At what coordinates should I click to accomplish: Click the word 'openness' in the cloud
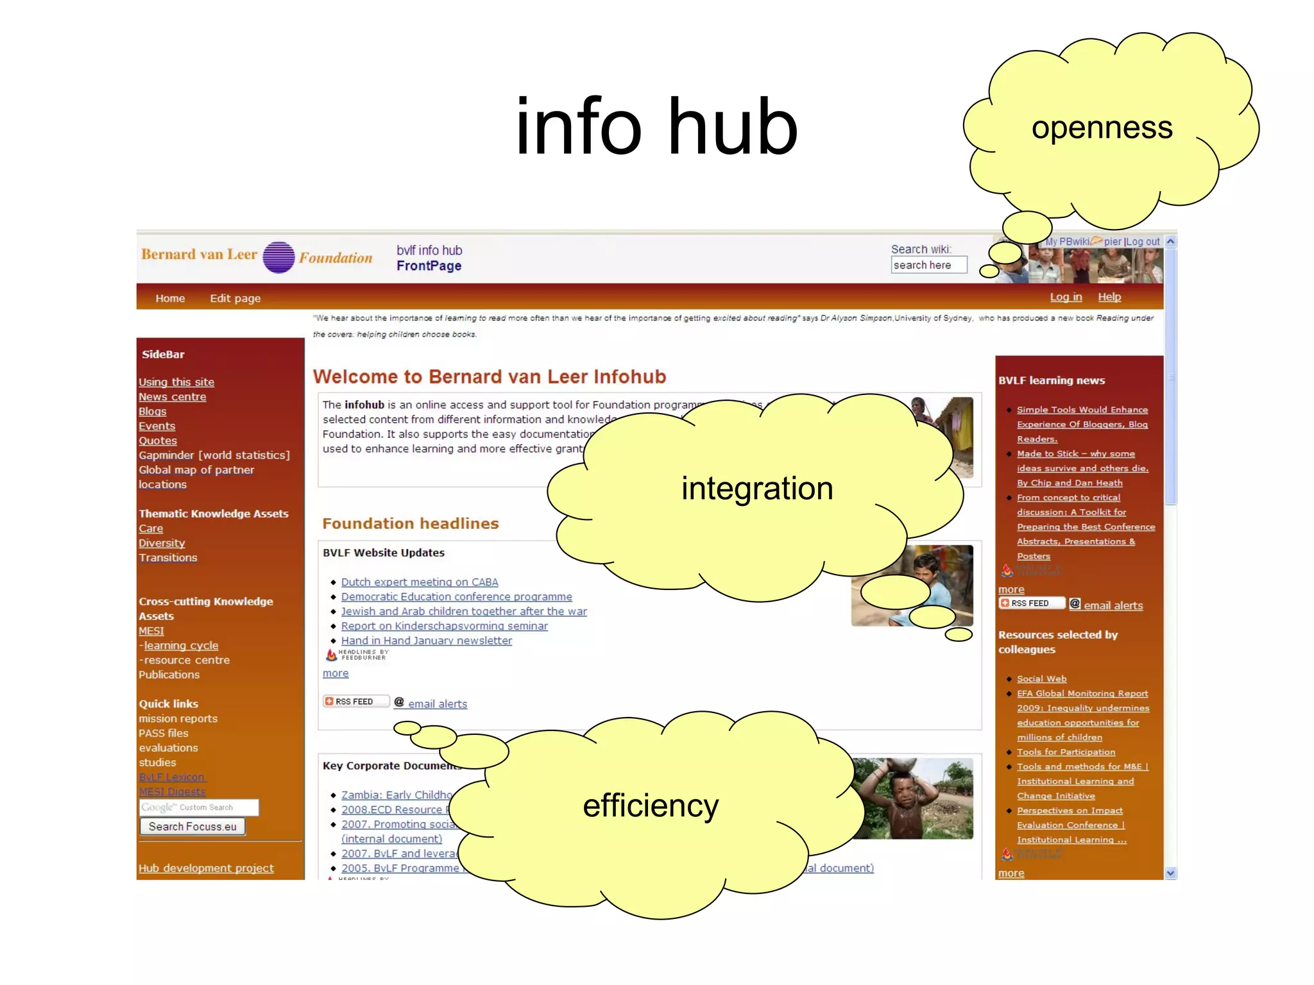coord(1102,127)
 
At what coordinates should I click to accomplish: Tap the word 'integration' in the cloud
coord(757,488)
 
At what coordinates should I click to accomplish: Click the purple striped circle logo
coord(278,257)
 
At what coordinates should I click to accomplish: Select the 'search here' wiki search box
coord(928,265)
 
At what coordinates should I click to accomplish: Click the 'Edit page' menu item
coord(235,298)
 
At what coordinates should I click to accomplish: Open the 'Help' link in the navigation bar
coord(1109,297)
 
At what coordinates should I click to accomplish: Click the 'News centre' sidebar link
coord(172,397)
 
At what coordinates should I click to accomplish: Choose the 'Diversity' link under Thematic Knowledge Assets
coord(162,543)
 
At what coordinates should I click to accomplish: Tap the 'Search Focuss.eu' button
coord(192,827)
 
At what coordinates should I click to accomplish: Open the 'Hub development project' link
coord(206,868)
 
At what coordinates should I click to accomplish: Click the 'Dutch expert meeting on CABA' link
coord(420,582)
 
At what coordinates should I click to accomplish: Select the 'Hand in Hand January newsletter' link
coord(427,641)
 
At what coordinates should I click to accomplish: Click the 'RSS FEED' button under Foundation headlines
coord(355,702)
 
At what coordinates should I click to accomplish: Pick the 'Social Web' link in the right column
coord(1041,678)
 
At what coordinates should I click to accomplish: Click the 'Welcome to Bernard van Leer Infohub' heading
coord(489,376)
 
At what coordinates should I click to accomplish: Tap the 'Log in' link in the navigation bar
coord(1066,297)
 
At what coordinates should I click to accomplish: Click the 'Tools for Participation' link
coord(1066,752)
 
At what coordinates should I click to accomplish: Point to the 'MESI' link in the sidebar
coord(151,631)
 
